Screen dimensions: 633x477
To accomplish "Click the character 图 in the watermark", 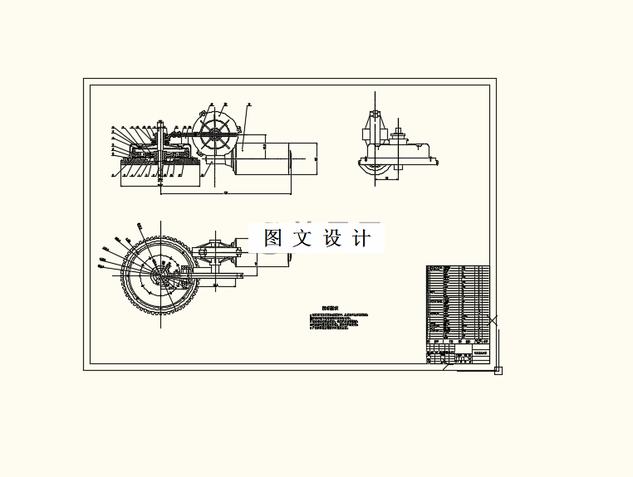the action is click(x=274, y=238).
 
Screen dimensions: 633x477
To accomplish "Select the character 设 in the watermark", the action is click(x=332, y=238).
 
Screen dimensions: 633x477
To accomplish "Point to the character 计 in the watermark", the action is click(x=361, y=238).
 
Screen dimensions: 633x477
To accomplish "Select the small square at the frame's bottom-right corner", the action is click(x=498, y=370).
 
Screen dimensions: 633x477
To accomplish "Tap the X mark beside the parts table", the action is click(x=493, y=320).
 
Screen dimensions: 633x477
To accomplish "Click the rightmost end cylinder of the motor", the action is click(x=304, y=158).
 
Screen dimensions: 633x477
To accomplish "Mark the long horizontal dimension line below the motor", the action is click(x=224, y=193).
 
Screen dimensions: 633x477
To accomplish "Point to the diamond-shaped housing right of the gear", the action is click(x=218, y=253).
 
